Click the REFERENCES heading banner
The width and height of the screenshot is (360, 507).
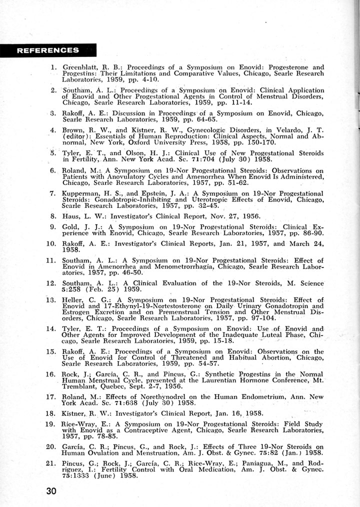[x=48, y=50]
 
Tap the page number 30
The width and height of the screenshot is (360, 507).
[x=50, y=490]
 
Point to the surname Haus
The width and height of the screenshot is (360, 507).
[x=70, y=216]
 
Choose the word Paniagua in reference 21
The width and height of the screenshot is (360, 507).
[x=264, y=462]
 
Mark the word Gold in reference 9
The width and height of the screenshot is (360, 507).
[x=71, y=227]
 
